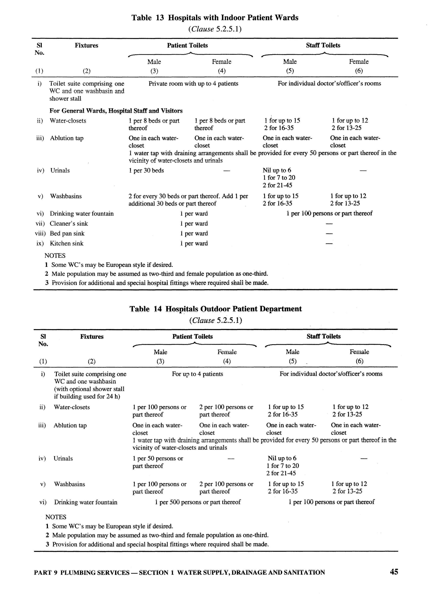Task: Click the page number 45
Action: [x=394, y=572]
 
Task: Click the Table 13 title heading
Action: [x=215, y=18]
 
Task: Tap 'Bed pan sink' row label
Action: [x=67, y=234]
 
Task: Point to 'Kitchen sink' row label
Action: [x=67, y=244]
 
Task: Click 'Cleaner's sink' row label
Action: [x=69, y=223]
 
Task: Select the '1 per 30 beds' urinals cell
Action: [x=146, y=171]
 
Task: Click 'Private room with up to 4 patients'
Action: [x=193, y=84]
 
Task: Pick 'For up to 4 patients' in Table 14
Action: [x=197, y=374]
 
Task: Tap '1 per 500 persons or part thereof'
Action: [x=198, y=502]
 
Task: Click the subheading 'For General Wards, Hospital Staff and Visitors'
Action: [x=116, y=111]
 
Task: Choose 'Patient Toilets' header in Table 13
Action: [x=187, y=45]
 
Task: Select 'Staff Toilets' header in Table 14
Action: [x=323, y=336]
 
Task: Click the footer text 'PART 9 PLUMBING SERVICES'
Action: [x=82, y=573]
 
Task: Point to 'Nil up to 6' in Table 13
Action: [x=277, y=170]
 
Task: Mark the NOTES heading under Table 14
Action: [x=56, y=517]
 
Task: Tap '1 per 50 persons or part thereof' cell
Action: [x=157, y=462]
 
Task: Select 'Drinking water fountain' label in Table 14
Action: [x=86, y=502]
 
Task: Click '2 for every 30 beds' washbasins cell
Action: [x=188, y=200]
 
